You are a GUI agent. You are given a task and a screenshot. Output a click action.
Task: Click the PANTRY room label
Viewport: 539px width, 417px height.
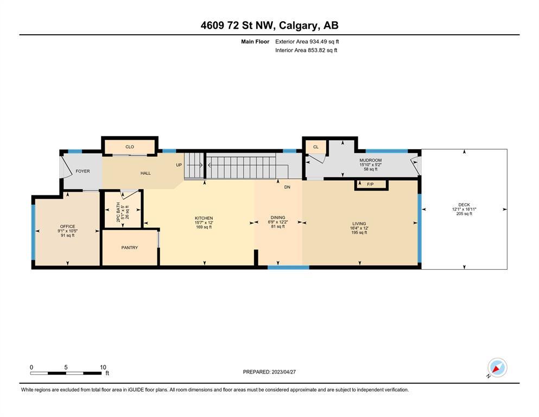coord(130,248)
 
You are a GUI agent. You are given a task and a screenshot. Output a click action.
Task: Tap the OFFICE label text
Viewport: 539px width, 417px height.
coord(67,226)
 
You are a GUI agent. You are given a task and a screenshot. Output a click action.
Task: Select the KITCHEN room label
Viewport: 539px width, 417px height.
coord(204,218)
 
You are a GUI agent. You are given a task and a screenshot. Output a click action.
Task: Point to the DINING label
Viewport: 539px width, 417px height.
coord(278,218)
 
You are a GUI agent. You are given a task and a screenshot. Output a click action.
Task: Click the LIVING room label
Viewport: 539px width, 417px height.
coord(359,224)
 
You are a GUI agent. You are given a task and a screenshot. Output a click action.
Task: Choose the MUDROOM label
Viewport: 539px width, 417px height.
coord(371,160)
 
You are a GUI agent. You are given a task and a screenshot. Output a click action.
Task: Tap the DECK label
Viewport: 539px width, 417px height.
coord(464,205)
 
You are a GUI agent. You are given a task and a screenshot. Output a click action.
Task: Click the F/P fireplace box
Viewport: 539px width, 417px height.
coord(371,185)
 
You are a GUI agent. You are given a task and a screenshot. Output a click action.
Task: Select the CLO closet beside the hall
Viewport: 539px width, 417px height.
coord(130,147)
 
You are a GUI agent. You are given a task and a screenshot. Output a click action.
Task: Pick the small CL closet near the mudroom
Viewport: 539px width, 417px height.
coord(316,147)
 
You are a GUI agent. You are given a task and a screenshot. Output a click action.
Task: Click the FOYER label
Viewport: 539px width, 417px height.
coord(83,171)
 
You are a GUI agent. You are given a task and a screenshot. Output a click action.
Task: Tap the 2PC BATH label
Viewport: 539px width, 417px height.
coord(118,212)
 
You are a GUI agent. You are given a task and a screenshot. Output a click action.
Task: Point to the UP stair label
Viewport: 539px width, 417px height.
coord(179,165)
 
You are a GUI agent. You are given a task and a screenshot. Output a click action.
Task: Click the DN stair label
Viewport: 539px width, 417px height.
coord(287,187)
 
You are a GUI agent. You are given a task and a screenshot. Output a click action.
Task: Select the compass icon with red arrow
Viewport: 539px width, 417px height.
coord(497,368)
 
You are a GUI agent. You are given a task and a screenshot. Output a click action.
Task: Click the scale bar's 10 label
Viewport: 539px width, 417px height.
coord(103,367)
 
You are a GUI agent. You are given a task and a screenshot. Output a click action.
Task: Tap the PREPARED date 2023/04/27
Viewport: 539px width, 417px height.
coord(283,372)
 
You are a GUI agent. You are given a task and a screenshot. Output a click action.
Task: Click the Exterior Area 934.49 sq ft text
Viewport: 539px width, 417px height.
coord(307,42)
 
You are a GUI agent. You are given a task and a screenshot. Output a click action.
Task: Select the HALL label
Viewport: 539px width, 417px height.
coord(145,173)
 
